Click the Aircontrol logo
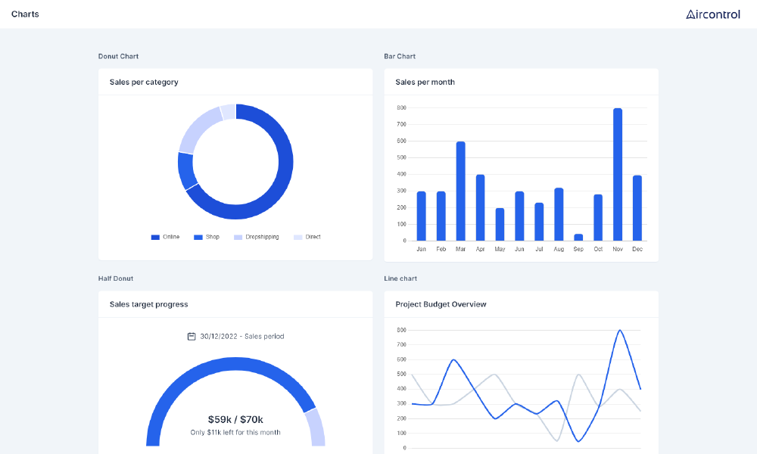pos(712,14)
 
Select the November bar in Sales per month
pos(618,174)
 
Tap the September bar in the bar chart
pos(578,238)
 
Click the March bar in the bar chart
pos(460,191)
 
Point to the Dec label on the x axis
pos(637,249)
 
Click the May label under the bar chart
pos(500,249)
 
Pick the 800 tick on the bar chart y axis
pos(401,107)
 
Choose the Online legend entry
pos(166,237)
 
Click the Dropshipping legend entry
pos(257,237)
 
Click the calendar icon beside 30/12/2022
pos(192,336)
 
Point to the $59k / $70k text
pos(235,419)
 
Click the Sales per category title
pos(144,82)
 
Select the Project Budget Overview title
pos(441,304)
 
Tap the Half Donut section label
pos(115,278)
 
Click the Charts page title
pos(25,14)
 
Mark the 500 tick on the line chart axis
pos(401,375)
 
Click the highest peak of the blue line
pos(620,331)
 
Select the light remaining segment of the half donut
pos(315,427)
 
